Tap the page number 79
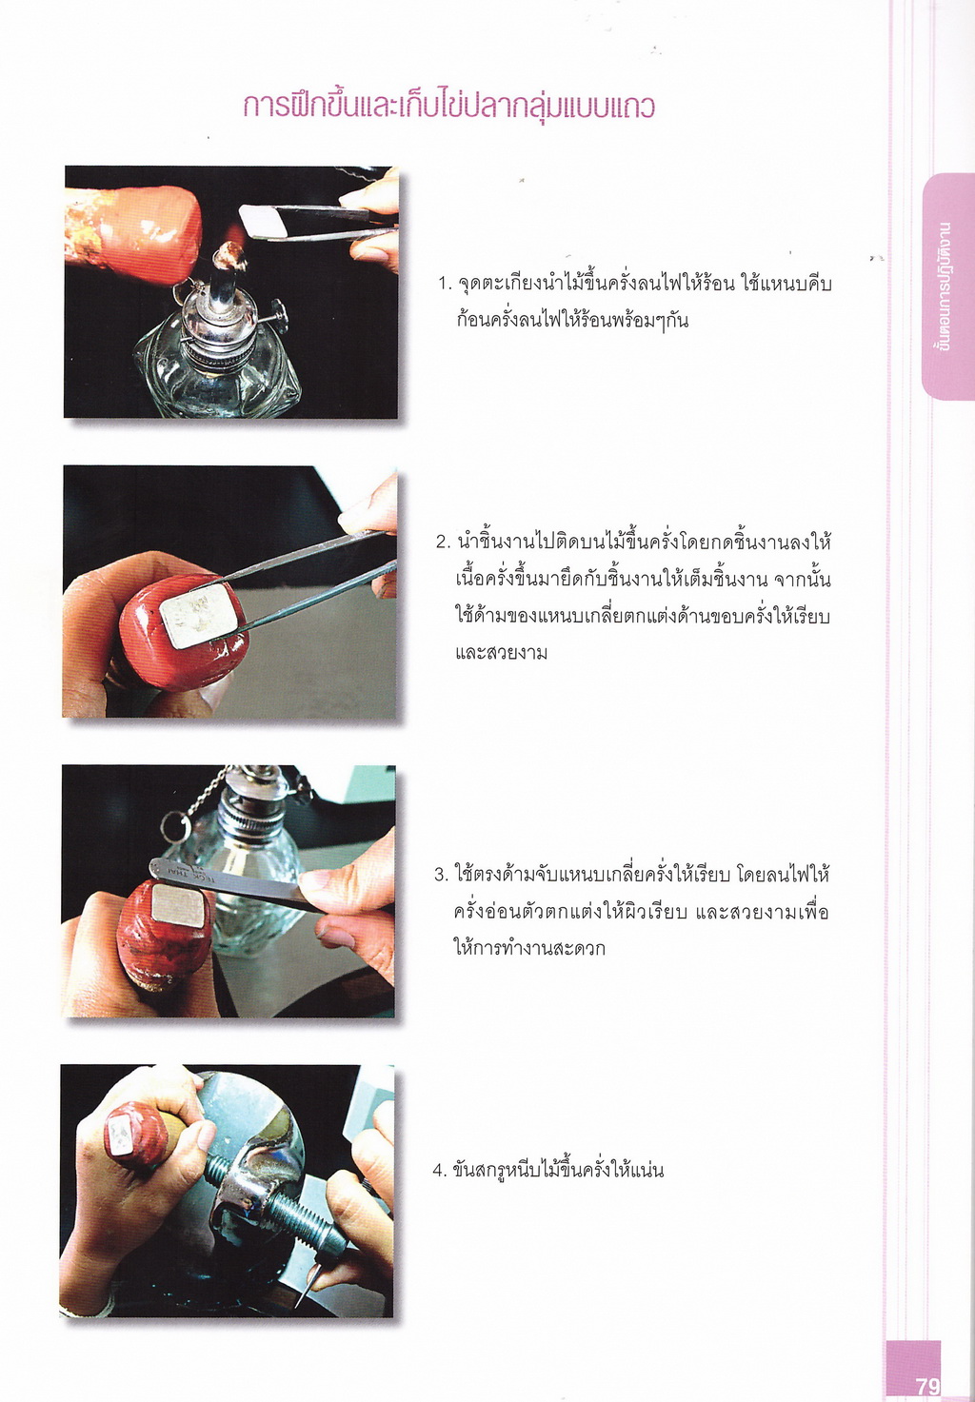pyautogui.click(x=926, y=1386)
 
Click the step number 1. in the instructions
pyautogui.click(x=446, y=285)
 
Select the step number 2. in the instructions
pyautogui.click(x=444, y=542)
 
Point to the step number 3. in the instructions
pyautogui.click(x=442, y=875)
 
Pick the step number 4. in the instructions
pyautogui.click(x=439, y=1170)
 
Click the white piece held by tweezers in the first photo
pyautogui.click(x=263, y=221)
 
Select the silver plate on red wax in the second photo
pyautogui.click(x=198, y=615)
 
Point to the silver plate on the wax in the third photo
pyautogui.click(x=178, y=904)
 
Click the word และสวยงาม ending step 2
pyautogui.click(x=501, y=653)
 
